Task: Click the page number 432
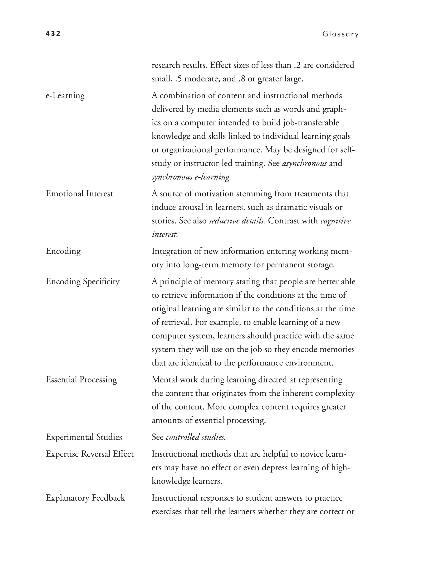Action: click(x=53, y=33)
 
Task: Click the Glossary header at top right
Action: click(x=340, y=34)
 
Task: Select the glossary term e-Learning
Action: click(x=65, y=96)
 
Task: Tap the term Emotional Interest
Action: click(x=79, y=194)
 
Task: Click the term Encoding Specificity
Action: click(x=83, y=282)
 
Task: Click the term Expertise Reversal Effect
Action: click(x=90, y=454)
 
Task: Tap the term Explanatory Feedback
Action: click(x=85, y=498)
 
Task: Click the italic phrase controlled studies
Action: click(x=196, y=437)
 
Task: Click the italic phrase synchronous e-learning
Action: click(x=191, y=177)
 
